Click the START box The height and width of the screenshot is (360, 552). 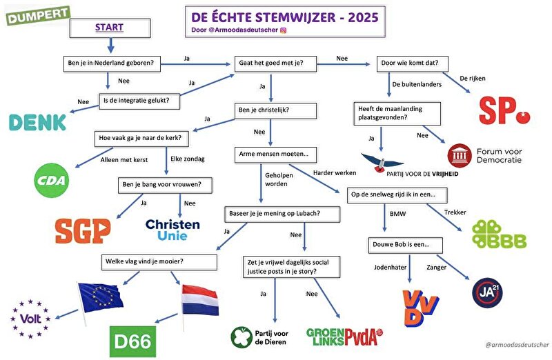pyautogui.click(x=110, y=28)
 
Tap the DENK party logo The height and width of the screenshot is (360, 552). pyautogui.click(x=37, y=122)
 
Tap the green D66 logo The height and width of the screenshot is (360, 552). pyautogui.click(x=133, y=339)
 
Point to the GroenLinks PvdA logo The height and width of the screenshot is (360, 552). pyautogui.click(x=344, y=337)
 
